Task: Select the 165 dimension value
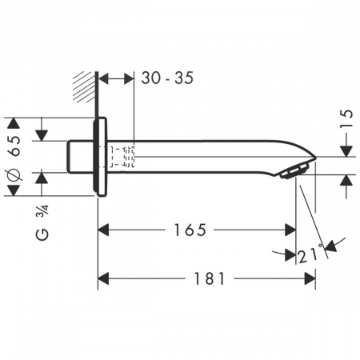click(x=188, y=230)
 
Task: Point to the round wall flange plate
click(x=100, y=156)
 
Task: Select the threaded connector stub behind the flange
click(x=78, y=155)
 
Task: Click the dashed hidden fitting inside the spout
click(x=122, y=156)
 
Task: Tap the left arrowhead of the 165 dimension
click(x=103, y=230)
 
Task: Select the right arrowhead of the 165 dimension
click(x=290, y=230)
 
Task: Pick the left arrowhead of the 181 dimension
click(x=103, y=279)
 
